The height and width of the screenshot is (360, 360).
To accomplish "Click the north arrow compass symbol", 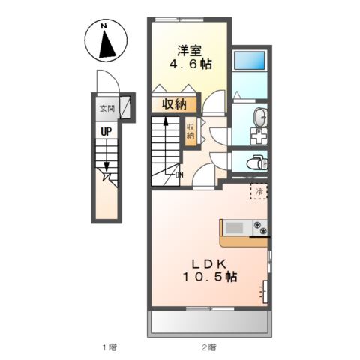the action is pos(106,40).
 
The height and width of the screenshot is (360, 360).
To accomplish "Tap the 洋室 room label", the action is pos(190,51).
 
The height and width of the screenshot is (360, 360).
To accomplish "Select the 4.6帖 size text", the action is pos(191,64).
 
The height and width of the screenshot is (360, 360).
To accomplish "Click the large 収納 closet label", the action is pos(175,104).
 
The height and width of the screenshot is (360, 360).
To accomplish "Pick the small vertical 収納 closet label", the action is pos(190,131).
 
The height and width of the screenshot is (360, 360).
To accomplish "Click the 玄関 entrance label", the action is pos(107,109).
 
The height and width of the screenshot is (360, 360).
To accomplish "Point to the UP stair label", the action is pos(106,132).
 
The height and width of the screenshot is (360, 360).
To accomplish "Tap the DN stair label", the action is pos(179,175).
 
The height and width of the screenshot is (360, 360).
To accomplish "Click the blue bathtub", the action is pos(250,60).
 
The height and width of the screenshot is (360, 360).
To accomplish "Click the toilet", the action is pos(256,163).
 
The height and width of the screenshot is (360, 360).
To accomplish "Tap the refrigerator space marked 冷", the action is pos(259,191).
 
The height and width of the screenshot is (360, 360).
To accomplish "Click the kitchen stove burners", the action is pos(260,228).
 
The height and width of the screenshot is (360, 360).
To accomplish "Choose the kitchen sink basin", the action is pos(234,228).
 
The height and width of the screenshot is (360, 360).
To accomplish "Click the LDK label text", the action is pos(209,263).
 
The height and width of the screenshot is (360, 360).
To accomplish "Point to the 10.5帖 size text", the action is pos(210,277).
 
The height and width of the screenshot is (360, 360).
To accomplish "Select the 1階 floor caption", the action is pos(109,346).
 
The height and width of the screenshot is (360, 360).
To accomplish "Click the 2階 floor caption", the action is pos(209,346).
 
